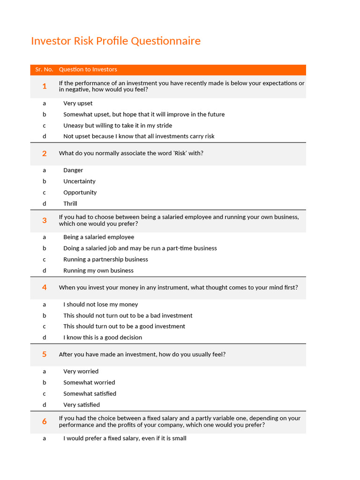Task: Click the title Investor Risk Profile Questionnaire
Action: pyautogui.click(x=116, y=41)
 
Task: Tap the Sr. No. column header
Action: pyautogui.click(x=44, y=69)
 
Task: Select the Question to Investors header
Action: pyautogui.click(x=88, y=69)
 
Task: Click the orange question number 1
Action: pyautogui.click(x=45, y=86)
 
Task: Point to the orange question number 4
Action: pyautogui.click(x=45, y=287)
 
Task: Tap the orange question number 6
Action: pyautogui.click(x=45, y=421)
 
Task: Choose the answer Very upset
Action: pyautogui.click(x=78, y=103)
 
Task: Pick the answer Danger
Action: pyautogui.click(x=73, y=170)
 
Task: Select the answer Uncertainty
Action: pyautogui.click(x=79, y=181)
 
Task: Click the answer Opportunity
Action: pyautogui.click(x=80, y=193)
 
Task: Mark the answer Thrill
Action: pyautogui.click(x=70, y=203)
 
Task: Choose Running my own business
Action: pyautogui.click(x=98, y=270)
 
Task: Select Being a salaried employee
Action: pyautogui.click(x=98, y=237)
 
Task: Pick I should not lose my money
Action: pyautogui.click(x=101, y=304)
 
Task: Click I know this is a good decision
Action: pyautogui.click(x=103, y=337)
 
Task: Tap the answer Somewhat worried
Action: pyautogui.click(x=89, y=382)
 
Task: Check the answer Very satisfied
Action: pyautogui.click(x=82, y=405)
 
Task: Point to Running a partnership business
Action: pyautogui.click(x=105, y=259)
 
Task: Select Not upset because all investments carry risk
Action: pyautogui.click(x=139, y=136)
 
